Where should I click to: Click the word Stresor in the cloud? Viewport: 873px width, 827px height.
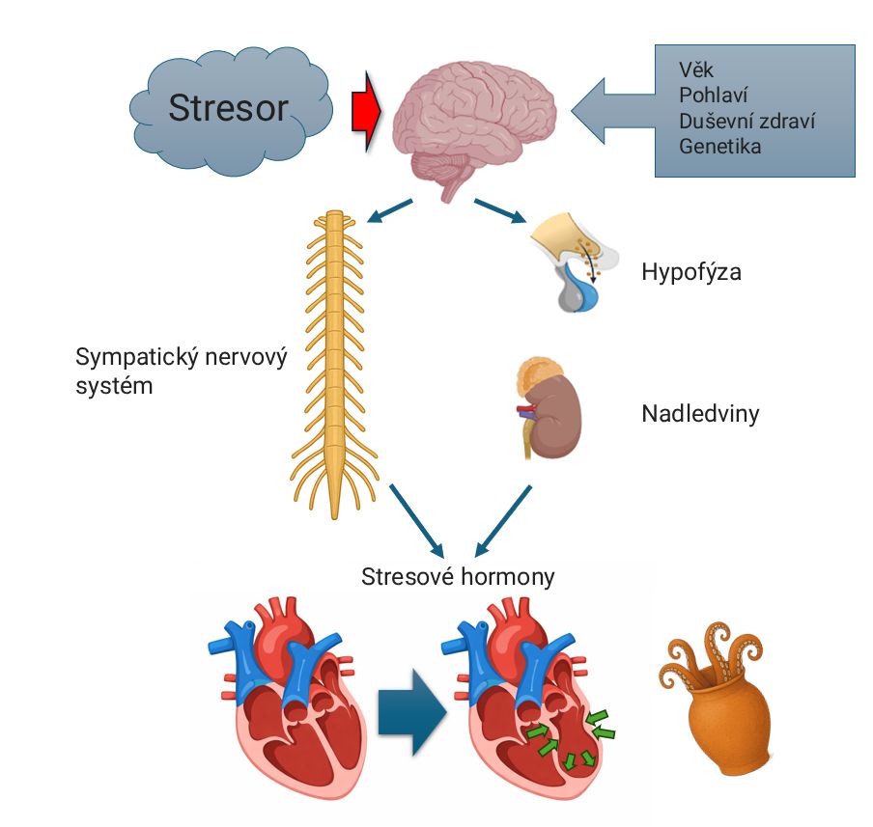228,107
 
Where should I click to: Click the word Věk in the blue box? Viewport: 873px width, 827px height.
697,71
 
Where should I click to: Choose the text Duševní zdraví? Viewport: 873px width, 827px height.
746,122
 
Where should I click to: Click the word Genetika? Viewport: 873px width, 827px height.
719,147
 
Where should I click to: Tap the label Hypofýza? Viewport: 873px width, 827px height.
690,272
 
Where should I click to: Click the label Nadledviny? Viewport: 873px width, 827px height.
700,414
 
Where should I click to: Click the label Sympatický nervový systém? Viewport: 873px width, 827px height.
182,372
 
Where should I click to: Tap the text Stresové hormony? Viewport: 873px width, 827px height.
458,577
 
